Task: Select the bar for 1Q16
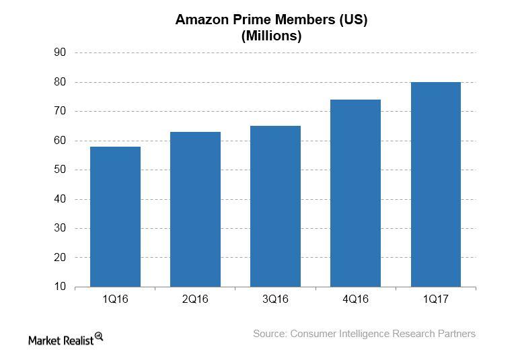tap(115, 217)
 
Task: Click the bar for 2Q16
tap(195, 209)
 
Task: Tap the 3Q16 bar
tap(275, 206)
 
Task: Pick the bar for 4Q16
tap(355, 193)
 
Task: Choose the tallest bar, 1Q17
tap(435, 184)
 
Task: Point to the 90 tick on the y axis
tap(60, 52)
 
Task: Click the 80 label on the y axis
tap(60, 82)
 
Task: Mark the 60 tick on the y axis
tap(60, 141)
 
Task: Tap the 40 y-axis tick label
tap(60, 199)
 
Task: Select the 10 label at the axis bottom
tap(60, 287)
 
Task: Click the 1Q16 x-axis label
tap(115, 299)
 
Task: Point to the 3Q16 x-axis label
tap(275, 299)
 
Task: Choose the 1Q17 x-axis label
tap(435, 299)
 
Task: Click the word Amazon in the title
tap(200, 20)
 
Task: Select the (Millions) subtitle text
tap(271, 36)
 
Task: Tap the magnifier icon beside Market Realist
tap(99, 336)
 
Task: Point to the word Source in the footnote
tap(270, 334)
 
